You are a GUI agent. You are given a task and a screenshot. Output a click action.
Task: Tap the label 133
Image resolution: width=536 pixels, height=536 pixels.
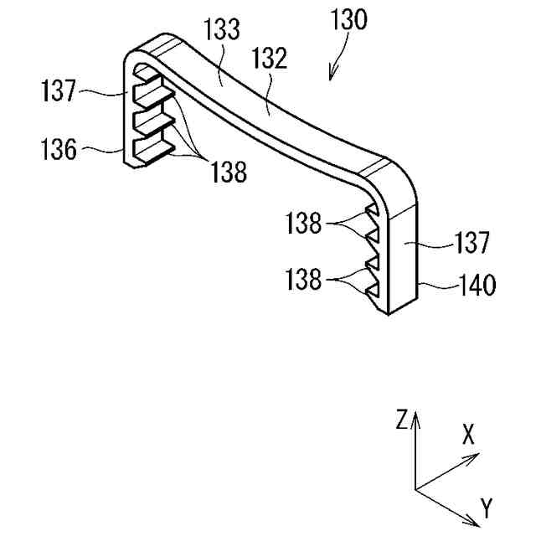coord(221,32)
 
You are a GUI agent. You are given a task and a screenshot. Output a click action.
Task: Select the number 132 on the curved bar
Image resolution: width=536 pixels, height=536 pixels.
coord(268,59)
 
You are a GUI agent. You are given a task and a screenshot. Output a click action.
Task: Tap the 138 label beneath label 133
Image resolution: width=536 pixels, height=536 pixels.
coord(229,172)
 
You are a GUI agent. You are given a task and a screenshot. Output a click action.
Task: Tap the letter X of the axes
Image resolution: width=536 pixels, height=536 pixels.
coord(469,433)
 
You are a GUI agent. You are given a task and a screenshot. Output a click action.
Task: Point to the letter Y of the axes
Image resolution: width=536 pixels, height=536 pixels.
coord(487,507)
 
